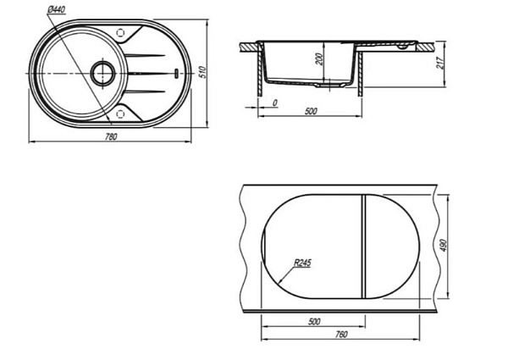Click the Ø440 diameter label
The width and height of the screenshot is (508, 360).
(x=56, y=10)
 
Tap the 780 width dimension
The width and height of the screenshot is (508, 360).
(x=111, y=137)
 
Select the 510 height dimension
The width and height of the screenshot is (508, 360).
(x=202, y=72)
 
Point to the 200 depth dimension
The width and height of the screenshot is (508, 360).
(x=319, y=59)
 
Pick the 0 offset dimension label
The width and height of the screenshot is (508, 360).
(x=275, y=103)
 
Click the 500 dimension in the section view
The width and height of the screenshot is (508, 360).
(x=311, y=111)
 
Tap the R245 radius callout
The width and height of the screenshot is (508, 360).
(x=302, y=263)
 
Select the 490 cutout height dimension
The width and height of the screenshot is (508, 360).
(x=444, y=246)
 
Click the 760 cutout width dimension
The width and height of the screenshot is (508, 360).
(x=340, y=335)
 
